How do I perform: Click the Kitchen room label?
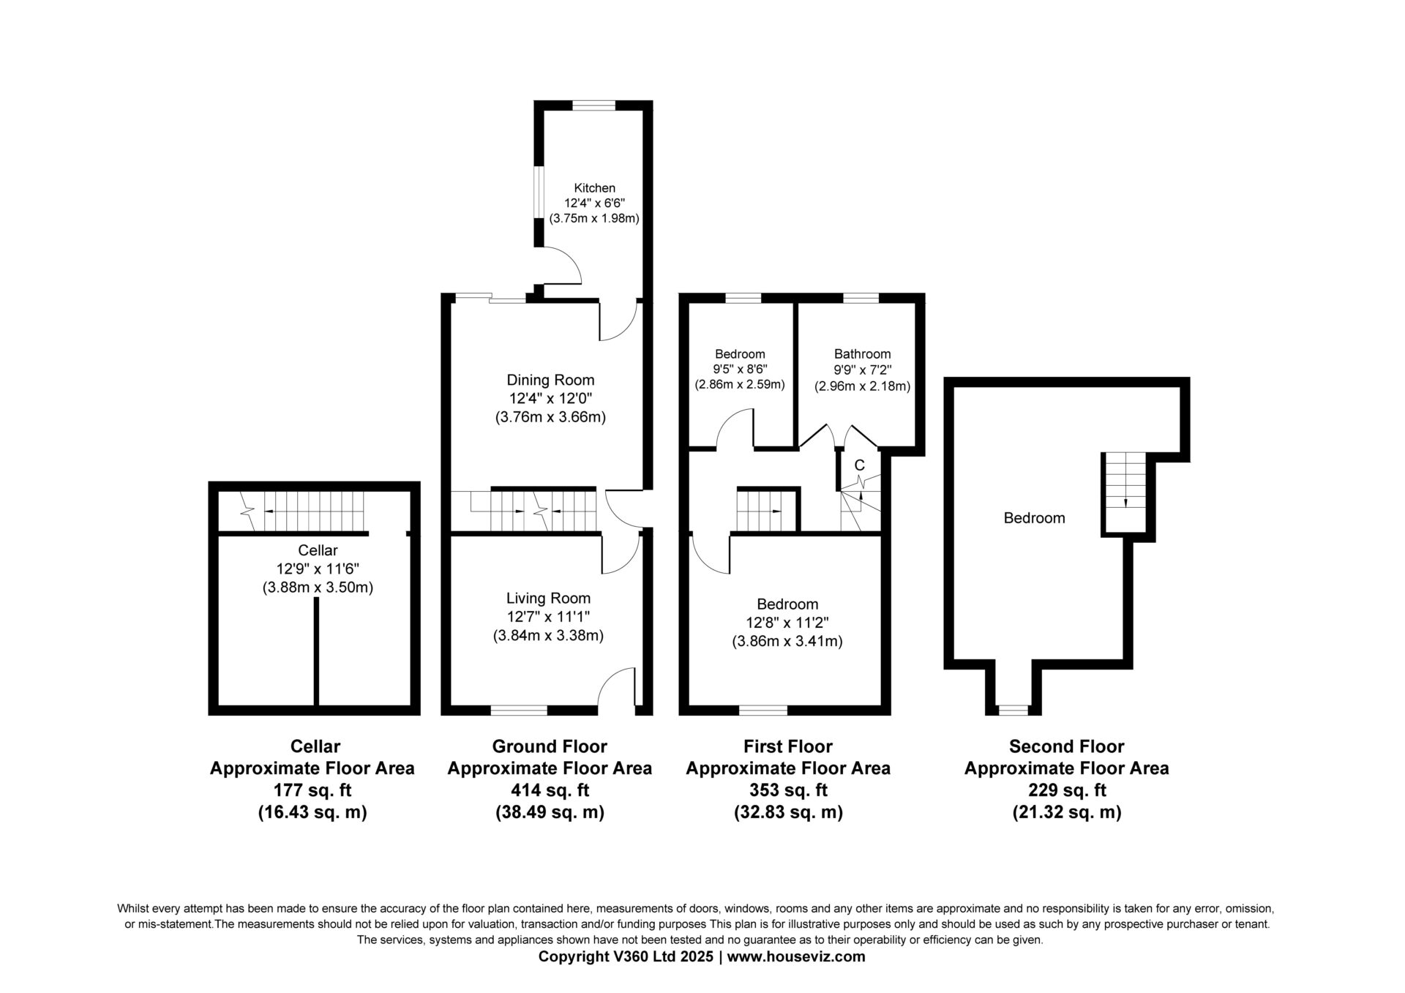594,188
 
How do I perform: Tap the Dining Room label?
550,380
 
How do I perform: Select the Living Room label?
548,599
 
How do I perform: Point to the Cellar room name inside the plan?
318,550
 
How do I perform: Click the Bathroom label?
862,354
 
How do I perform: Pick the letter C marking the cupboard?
860,465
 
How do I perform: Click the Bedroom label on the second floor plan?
1034,518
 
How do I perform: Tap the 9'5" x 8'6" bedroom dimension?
741,370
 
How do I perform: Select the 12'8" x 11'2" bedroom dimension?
787,623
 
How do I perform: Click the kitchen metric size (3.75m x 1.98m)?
594,218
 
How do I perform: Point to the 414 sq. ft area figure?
550,790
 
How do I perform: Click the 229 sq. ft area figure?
1066,790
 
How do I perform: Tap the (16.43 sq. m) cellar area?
312,812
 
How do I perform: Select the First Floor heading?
788,746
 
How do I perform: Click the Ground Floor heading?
550,746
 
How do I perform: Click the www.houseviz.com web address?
796,956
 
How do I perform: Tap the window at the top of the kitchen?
593,105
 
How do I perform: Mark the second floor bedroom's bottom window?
1014,710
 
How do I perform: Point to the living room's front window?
519,710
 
